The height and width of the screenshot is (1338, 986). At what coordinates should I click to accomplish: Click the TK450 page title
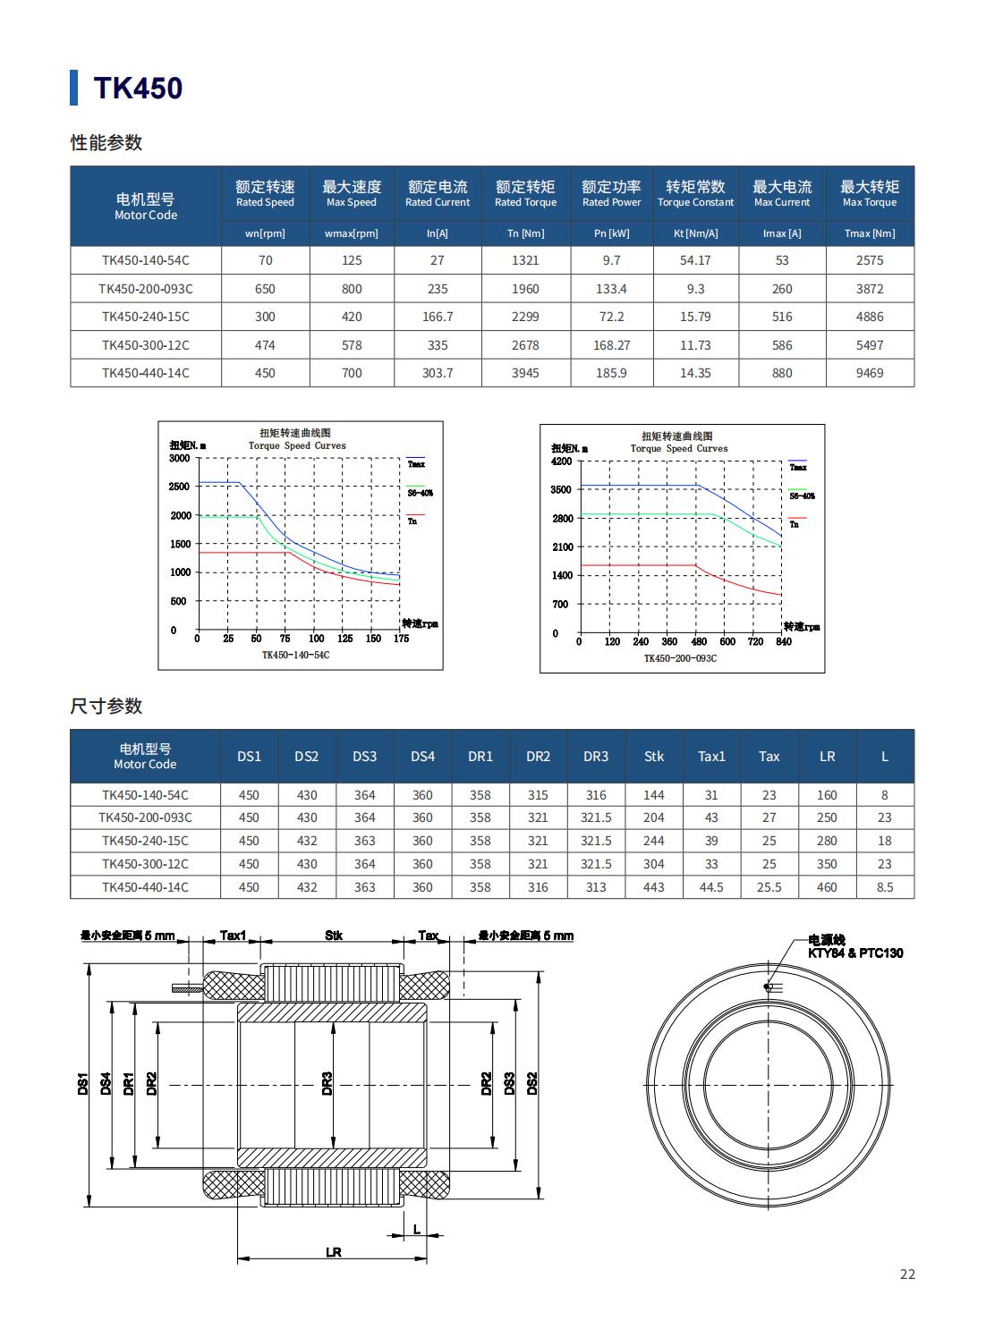pos(138,88)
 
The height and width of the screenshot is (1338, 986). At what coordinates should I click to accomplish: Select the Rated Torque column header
pos(525,193)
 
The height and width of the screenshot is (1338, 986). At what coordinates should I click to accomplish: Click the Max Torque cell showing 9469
pos(869,373)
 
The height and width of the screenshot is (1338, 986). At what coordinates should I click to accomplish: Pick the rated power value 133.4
pos(611,289)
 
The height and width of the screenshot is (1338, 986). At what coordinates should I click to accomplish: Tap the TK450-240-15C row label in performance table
pos(145,317)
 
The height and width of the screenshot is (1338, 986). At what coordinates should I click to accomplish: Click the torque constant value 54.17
pos(695,260)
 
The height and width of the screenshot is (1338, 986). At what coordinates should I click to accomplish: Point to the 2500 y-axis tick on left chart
pos(179,487)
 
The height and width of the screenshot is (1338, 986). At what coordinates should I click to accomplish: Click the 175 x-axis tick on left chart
pos(401,639)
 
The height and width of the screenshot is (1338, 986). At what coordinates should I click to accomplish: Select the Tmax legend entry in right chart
pos(797,467)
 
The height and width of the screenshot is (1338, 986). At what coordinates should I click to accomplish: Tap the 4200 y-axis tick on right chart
pos(561,462)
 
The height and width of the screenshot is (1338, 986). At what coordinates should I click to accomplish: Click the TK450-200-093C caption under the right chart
pos(680,658)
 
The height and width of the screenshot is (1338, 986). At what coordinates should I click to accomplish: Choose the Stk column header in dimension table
pos(654,757)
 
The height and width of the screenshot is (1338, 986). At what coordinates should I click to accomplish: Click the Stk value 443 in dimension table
pos(654,887)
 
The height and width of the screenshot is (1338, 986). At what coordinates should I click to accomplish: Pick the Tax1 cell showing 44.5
pos(711,887)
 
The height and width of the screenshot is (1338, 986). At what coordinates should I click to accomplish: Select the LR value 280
pos(827,841)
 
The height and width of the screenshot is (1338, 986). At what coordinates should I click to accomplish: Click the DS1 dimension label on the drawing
pos(82,1084)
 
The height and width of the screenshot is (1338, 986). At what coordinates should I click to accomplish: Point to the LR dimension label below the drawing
pos(333,1253)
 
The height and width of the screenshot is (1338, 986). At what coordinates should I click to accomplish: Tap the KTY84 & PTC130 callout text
pos(854,953)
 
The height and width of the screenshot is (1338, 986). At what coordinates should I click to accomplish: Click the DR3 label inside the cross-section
pos(327,1083)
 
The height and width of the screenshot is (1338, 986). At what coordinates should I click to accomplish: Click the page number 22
pos(907,1274)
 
